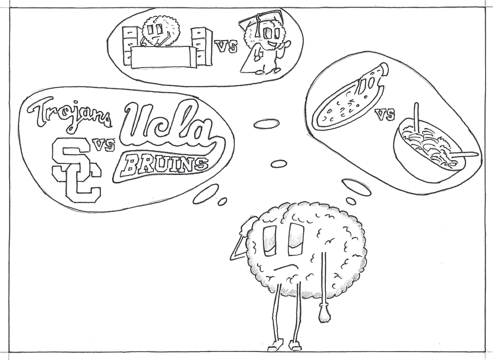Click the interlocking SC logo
pos(76,170)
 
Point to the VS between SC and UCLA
pos(103,145)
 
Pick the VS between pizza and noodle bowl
pos(385,114)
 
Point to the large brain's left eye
pos(271,239)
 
